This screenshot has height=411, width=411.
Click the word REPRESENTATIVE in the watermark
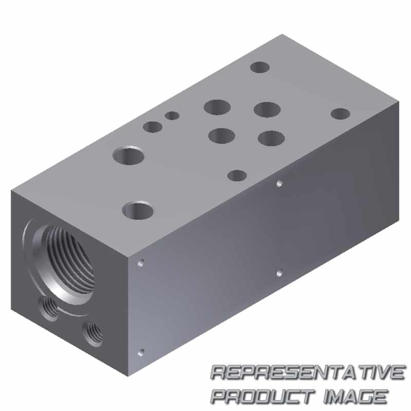point(308,373)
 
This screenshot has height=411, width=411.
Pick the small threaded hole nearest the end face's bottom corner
point(92,333)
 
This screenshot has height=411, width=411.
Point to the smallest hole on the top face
point(172,116)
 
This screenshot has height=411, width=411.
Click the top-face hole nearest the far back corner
point(260,67)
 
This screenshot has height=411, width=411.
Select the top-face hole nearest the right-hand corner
point(341,114)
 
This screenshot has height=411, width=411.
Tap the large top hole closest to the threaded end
point(138,211)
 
